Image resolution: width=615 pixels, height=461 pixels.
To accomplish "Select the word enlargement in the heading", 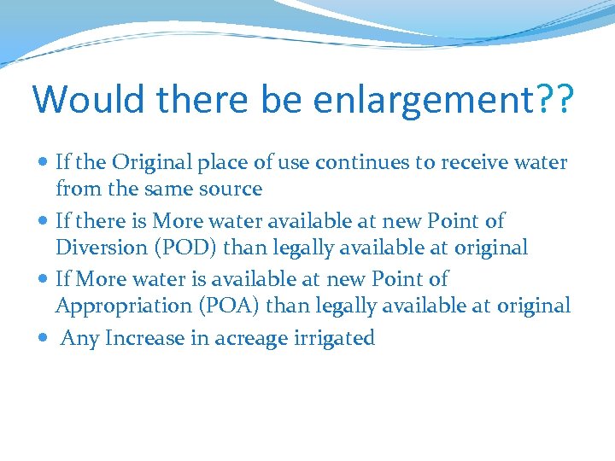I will tap(423, 101).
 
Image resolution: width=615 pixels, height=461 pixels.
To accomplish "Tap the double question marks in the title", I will tap(555, 99).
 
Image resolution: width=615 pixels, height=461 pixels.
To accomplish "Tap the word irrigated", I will tap(338, 339).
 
